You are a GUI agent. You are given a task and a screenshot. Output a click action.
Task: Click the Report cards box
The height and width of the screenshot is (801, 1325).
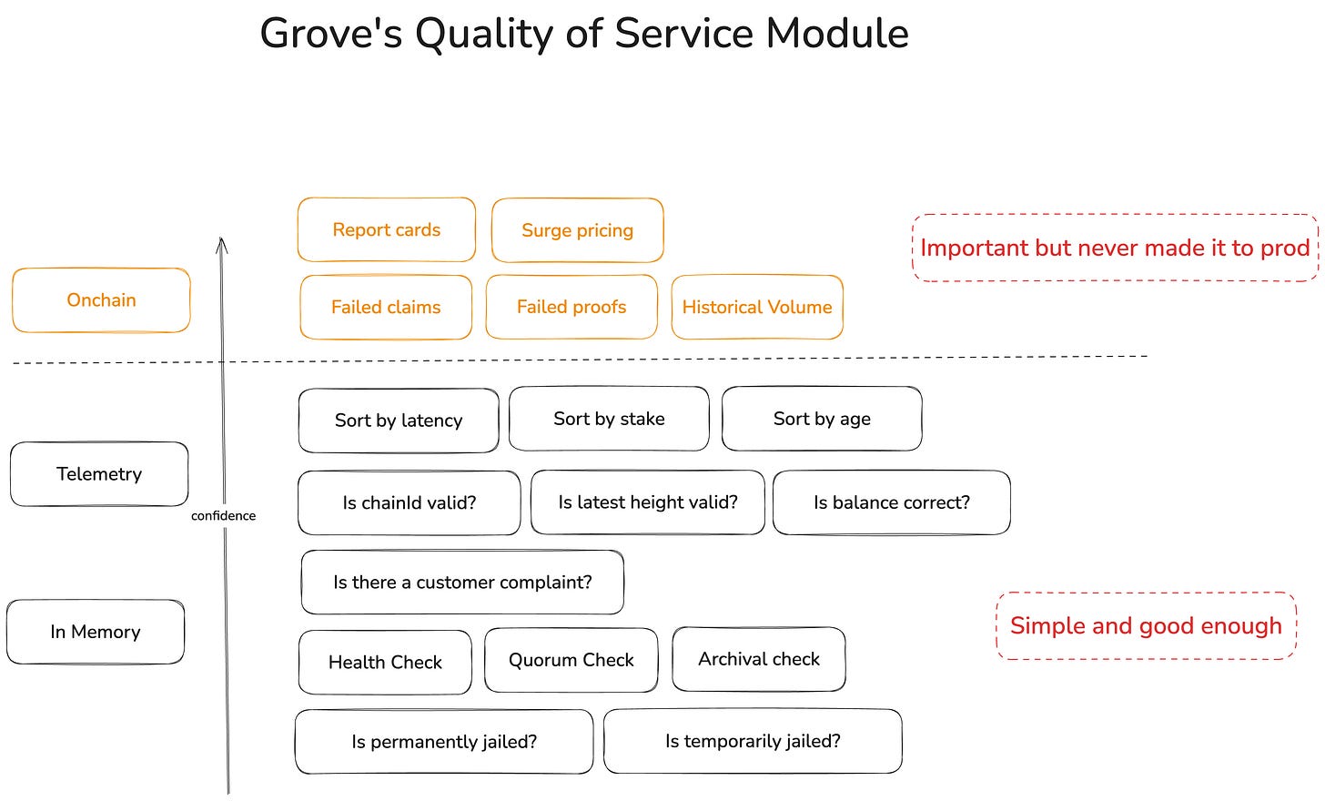click(386, 229)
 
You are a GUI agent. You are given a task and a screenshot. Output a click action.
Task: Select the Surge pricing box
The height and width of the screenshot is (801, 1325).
click(577, 230)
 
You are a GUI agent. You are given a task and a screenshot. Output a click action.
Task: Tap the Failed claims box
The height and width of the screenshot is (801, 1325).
click(386, 307)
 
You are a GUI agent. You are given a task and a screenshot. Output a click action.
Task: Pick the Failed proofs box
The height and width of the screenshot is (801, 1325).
click(571, 307)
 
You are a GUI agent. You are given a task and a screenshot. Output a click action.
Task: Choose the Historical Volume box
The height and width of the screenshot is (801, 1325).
click(757, 307)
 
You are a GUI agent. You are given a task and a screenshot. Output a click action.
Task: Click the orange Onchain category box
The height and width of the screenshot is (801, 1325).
click(101, 300)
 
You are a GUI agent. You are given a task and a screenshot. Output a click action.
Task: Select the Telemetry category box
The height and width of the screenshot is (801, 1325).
click(99, 474)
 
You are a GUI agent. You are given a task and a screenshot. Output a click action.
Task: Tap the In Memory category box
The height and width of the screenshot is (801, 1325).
click(96, 632)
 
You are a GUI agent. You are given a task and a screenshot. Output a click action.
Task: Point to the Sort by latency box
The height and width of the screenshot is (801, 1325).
click(399, 421)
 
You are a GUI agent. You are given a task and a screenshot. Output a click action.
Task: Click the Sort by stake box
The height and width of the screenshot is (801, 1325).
click(609, 419)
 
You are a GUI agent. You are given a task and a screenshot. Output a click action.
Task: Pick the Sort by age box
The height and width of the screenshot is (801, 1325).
click(822, 419)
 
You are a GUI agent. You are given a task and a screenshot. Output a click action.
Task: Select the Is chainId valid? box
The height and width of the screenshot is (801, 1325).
click(410, 502)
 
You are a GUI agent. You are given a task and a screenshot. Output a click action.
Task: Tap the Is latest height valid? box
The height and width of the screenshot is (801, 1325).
click(648, 502)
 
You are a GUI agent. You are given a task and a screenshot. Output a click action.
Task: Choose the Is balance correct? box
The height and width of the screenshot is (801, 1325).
click(892, 502)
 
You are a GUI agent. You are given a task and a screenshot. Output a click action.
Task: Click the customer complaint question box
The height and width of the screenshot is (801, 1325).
click(462, 583)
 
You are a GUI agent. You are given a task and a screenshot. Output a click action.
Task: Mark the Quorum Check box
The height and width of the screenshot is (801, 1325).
click(571, 660)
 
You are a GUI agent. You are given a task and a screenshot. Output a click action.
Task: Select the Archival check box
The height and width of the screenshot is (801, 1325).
click(759, 659)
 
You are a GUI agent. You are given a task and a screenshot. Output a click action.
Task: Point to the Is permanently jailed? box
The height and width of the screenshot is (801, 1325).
click(444, 742)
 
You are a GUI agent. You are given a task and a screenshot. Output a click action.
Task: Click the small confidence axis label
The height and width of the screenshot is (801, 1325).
click(223, 516)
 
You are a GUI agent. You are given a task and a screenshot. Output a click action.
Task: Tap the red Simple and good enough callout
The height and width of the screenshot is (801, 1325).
click(1147, 626)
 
